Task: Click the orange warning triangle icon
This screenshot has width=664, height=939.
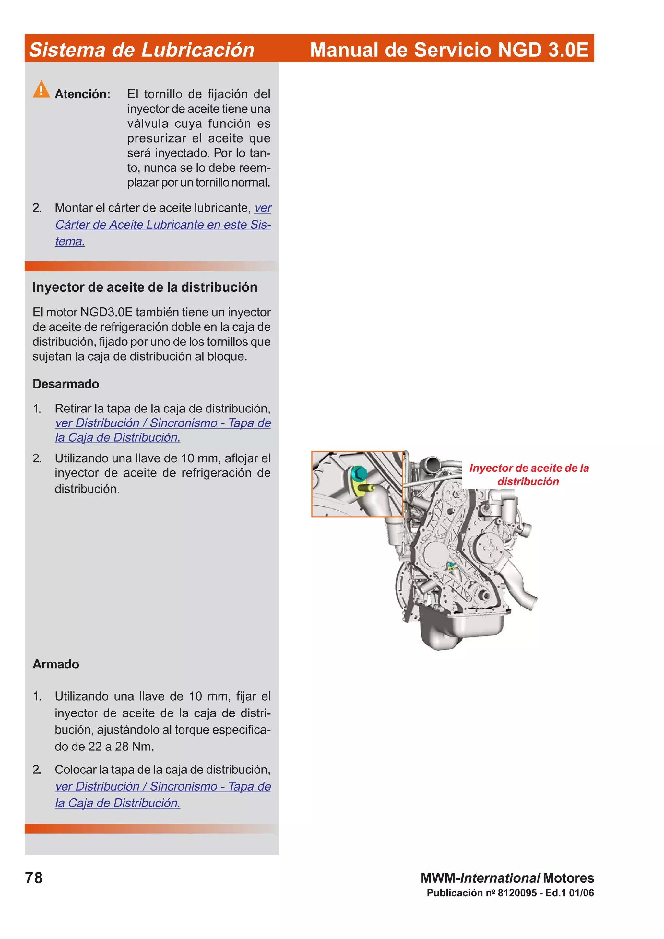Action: tap(41, 89)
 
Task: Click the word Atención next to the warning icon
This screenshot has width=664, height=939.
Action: tap(82, 95)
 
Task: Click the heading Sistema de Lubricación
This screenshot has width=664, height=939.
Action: tap(142, 50)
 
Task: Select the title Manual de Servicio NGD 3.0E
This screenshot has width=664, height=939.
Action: tap(449, 50)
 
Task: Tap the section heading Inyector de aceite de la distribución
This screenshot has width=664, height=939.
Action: tap(145, 287)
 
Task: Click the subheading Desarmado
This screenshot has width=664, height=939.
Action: tap(65, 384)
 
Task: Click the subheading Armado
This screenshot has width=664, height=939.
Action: tap(56, 664)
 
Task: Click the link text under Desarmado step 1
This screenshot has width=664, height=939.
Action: tap(163, 423)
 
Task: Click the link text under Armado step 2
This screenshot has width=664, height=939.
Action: tap(163, 786)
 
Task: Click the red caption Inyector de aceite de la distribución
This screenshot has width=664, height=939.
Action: tap(528, 474)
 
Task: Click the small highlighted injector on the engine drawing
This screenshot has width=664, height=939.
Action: tap(450, 566)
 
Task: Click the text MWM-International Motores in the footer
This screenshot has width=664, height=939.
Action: tap(507, 878)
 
